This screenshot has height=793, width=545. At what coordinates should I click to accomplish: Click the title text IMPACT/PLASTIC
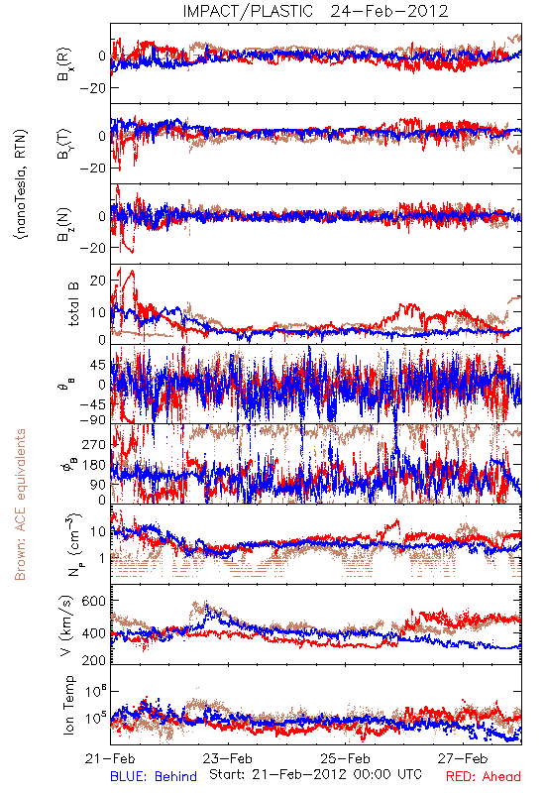point(248,11)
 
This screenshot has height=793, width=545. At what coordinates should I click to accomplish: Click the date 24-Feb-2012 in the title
point(389,11)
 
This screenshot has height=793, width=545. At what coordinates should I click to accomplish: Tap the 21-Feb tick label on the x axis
point(110,758)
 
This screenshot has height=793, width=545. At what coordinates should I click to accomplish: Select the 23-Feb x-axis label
point(228,758)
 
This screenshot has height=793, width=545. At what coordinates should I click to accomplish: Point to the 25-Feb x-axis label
point(345,758)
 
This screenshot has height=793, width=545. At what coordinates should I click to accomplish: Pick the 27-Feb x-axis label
point(463,758)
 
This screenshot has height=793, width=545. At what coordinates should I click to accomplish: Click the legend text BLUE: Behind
point(154,776)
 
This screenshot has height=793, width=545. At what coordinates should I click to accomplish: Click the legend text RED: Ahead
point(484,776)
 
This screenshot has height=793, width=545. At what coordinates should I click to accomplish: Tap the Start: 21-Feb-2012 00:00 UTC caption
point(315,774)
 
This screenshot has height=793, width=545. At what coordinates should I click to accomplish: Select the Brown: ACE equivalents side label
point(20,505)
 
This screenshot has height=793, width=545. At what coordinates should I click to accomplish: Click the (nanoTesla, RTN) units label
point(21,183)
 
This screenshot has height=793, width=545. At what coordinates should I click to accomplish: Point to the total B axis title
point(73,304)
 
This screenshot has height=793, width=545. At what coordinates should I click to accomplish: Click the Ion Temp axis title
point(68,705)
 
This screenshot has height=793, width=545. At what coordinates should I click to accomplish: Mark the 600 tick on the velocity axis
point(94,601)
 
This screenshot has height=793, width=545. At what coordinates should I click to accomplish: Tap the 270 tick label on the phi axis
point(94,444)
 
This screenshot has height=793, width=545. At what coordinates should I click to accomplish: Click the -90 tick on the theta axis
point(93,419)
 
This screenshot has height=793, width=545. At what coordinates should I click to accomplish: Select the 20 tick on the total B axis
point(98,281)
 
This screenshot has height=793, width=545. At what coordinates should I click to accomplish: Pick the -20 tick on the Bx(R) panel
point(93,88)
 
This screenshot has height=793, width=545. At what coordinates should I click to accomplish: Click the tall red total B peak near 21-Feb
point(132,272)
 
